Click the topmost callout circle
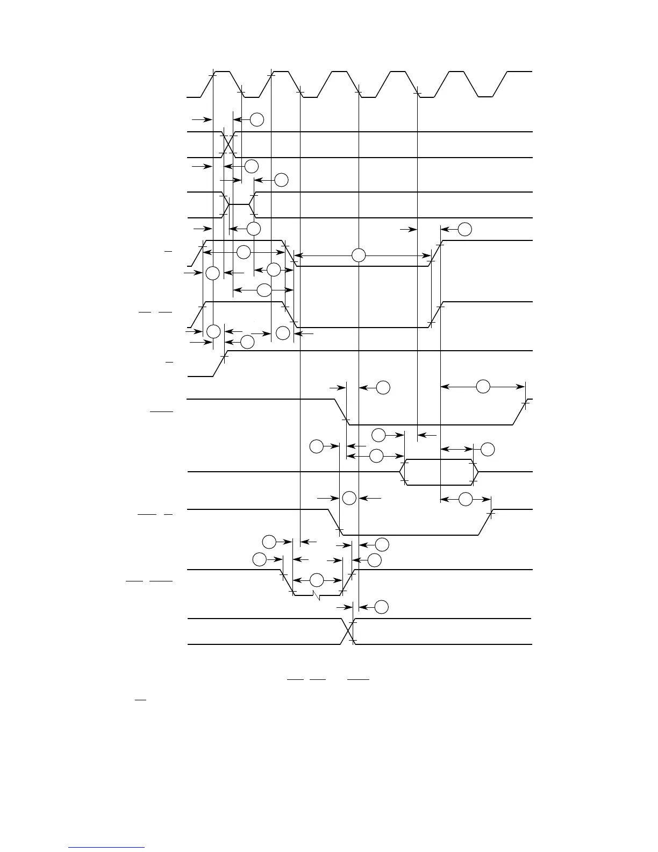click(x=257, y=119)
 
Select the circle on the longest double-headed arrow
click(x=359, y=255)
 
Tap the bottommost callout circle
click(x=381, y=607)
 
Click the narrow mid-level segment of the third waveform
click(x=240, y=205)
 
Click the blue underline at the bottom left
click(x=106, y=848)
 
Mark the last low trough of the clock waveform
click(x=485, y=97)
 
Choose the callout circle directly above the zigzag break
click(x=317, y=580)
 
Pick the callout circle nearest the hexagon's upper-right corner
click(x=487, y=449)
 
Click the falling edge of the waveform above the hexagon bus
click(x=341, y=412)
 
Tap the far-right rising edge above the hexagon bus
click(x=520, y=412)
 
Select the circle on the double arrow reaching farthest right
click(x=483, y=386)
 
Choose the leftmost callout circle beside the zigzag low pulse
click(x=259, y=559)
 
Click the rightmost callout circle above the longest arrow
click(x=466, y=229)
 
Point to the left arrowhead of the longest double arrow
click(x=297, y=255)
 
